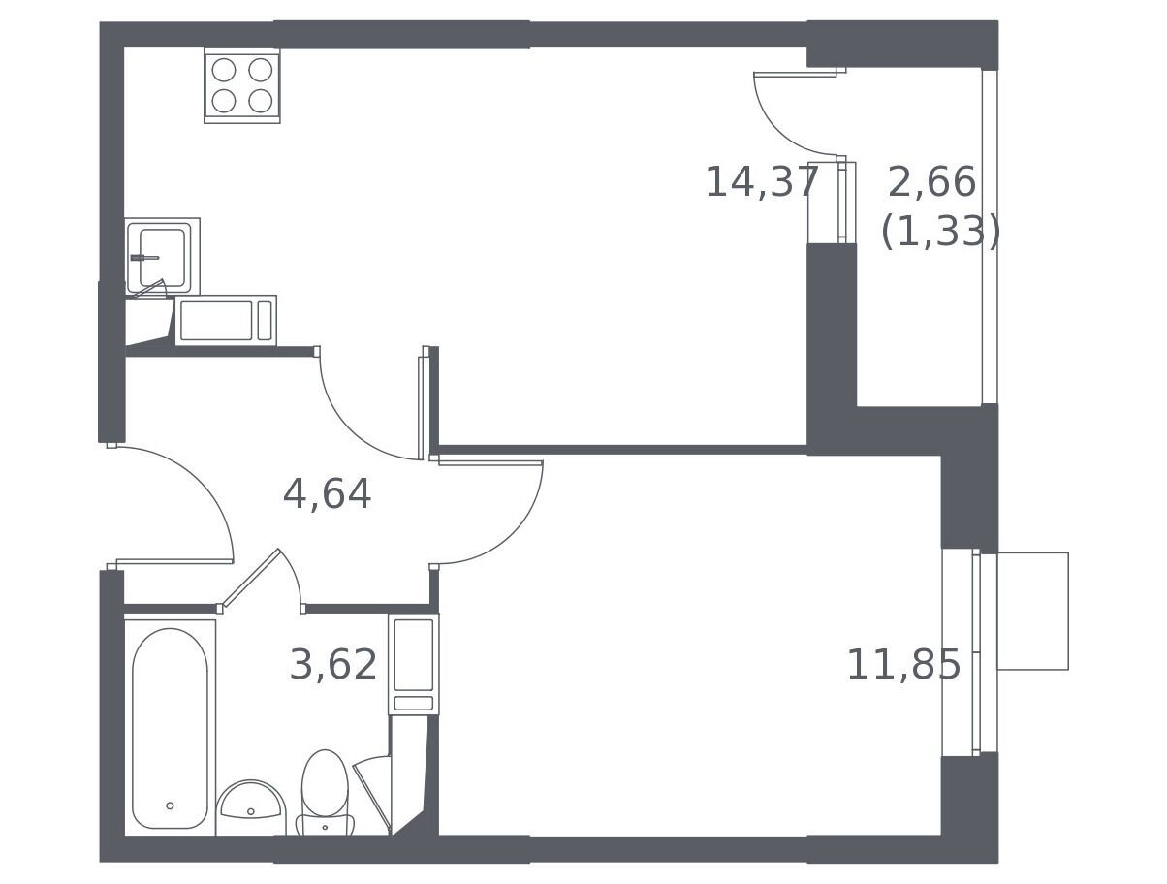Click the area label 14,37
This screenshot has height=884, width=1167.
761,182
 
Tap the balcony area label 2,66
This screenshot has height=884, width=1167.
931,182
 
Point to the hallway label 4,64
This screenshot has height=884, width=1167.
327,494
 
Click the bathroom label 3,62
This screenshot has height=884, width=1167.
332,665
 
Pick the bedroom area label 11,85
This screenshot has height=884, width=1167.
903,665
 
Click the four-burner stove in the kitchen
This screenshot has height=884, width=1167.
242,85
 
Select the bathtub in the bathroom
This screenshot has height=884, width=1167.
170,727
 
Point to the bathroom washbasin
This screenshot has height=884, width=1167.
251,808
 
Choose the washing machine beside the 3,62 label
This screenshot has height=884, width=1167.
414,664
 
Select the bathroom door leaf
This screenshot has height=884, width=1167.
251,578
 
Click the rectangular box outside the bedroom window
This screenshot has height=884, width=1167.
1032,612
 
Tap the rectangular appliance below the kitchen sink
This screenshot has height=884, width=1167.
226,321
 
